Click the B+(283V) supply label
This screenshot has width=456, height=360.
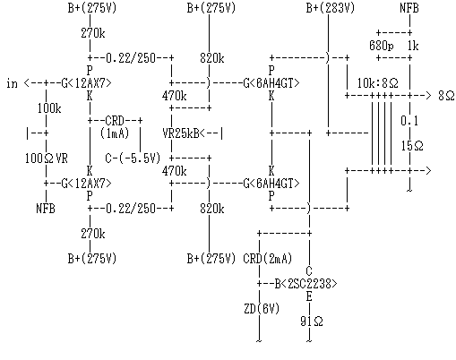331,8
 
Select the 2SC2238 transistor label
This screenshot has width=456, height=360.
312,284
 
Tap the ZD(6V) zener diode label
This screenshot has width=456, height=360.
262,309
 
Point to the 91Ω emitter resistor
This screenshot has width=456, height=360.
312,321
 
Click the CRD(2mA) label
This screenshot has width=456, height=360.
268,259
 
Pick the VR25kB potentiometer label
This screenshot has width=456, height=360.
181,133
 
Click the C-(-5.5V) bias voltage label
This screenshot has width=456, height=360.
133,159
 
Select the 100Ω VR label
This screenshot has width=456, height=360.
47,159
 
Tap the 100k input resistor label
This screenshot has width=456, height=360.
49,108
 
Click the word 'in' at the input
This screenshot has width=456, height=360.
12,83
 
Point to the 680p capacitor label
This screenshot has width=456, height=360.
381,46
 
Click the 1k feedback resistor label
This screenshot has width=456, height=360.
413,46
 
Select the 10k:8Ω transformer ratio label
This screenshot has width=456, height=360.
378,83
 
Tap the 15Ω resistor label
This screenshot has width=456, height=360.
412,146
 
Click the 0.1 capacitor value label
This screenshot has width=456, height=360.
409,121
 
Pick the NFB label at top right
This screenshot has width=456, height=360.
409,8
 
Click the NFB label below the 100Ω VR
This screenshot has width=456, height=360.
46,209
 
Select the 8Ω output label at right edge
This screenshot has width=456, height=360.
446,96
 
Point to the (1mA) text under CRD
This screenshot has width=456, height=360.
115,133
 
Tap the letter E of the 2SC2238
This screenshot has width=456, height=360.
309,296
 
